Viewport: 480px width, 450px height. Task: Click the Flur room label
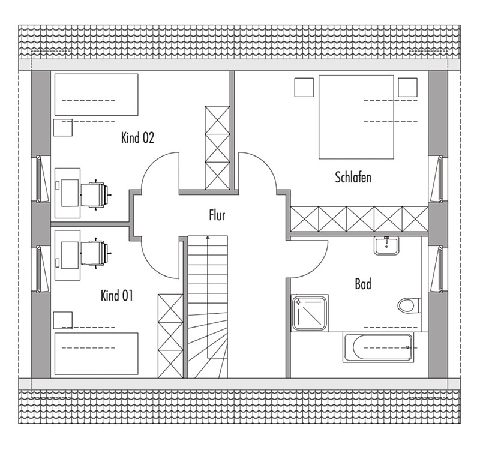point(217,215)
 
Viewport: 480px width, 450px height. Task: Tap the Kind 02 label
point(137,137)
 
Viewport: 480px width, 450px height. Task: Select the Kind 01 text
point(116,296)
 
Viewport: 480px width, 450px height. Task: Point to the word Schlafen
point(353,177)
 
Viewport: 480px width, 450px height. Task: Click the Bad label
point(363,284)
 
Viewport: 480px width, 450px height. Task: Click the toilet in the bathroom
point(409,305)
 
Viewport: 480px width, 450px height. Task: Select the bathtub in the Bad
point(379,347)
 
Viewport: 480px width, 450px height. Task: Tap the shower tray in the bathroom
point(310,313)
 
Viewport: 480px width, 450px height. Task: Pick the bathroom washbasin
point(386,245)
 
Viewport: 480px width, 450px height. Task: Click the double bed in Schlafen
point(356,117)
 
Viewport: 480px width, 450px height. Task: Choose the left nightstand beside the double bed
point(304,87)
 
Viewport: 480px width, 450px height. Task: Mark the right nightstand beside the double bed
point(407,87)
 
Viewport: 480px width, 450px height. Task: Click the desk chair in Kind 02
point(95,194)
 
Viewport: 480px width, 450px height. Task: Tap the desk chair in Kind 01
point(95,253)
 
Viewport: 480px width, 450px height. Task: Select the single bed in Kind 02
point(96,95)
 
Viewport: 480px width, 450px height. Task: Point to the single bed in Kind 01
point(96,353)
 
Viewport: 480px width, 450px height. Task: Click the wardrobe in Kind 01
point(170,336)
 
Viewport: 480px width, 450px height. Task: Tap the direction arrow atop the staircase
point(208,237)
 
